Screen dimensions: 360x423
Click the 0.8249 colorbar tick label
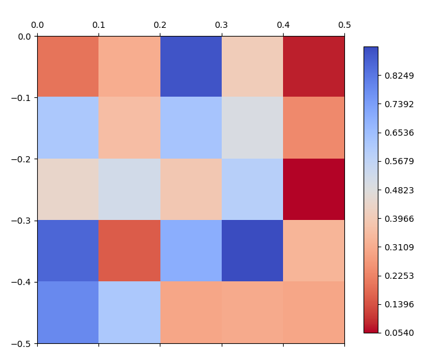(x=399, y=76)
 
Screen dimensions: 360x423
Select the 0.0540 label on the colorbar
(x=399, y=333)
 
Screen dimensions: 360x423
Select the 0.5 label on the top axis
(x=344, y=25)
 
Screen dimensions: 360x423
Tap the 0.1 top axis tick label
(x=98, y=25)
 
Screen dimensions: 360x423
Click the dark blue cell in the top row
(x=191, y=67)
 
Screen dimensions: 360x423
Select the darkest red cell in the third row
(x=313, y=190)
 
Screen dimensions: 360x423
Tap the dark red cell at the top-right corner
(x=313, y=67)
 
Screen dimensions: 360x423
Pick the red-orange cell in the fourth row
(x=129, y=251)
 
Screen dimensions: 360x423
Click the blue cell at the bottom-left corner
(x=68, y=312)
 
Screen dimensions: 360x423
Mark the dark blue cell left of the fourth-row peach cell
(x=252, y=251)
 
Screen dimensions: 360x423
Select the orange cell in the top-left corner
(x=68, y=67)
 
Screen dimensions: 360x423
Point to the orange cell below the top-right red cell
(x=313, y=128)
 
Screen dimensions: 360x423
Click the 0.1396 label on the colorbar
(x=399, y=304)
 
